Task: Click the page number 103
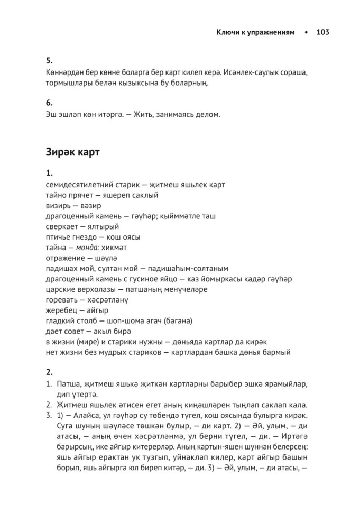(x=322, y=32)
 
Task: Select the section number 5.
(x=49, y=61)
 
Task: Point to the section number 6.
(x=49, y=103)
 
